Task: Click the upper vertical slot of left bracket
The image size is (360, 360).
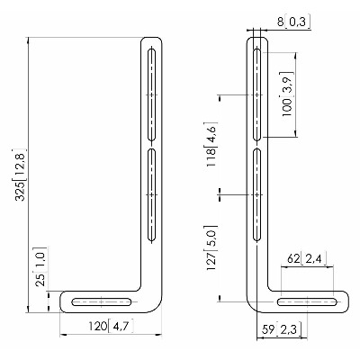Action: point(152,94)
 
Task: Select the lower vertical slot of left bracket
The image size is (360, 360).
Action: point(152,195)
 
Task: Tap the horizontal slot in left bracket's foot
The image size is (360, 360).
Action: point(102,301)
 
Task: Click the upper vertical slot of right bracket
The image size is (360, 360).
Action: point(256,94)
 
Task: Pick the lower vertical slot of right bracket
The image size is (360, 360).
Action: point(256,195)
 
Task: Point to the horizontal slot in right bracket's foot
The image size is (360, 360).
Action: point(307,301)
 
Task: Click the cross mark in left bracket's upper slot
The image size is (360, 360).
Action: point(152,94)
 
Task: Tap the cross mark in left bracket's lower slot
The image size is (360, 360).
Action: point(152,195)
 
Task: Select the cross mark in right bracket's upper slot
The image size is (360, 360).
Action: point(256,94)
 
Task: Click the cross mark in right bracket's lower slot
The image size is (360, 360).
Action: point(256,195)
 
